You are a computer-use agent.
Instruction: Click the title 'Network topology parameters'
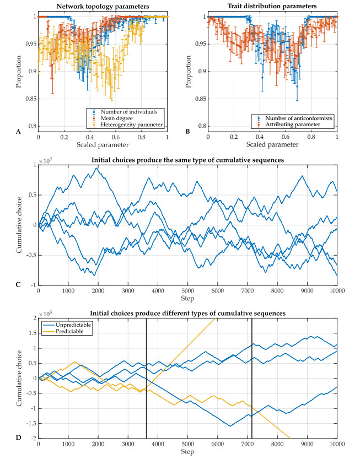[x=103, y=6]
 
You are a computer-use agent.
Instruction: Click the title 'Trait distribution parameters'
[x=270, y=6]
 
